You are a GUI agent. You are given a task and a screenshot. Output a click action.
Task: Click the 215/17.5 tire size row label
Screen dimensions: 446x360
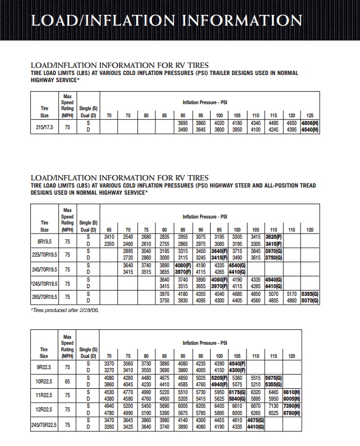tap(44, 126)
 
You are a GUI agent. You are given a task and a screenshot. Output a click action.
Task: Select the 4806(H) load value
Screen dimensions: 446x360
tap(310, 123)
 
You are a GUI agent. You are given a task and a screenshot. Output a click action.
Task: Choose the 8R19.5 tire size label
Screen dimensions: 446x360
tap(44, 239)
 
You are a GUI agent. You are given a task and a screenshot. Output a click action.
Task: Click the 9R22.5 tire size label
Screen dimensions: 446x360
tap(44, 367)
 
